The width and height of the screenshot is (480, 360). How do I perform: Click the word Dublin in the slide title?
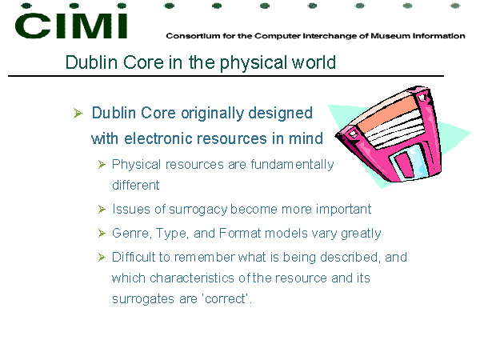(92, 62)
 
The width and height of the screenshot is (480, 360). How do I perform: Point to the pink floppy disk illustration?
(390, 134)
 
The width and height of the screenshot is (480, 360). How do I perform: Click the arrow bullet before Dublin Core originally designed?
(78, 114)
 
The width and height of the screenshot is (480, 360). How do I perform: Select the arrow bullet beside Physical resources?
(102, 165)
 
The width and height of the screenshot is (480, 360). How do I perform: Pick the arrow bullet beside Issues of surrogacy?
(102, 210)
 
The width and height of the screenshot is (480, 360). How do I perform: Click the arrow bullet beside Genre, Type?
(102, 234)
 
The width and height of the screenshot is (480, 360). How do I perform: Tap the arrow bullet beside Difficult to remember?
(102, 257)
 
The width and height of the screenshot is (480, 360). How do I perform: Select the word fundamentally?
(292, 165)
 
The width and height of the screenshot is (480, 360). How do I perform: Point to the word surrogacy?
(198, 210)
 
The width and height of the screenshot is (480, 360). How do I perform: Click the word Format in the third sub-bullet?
(240, 234)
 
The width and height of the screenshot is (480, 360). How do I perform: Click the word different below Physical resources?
(136, 186)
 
